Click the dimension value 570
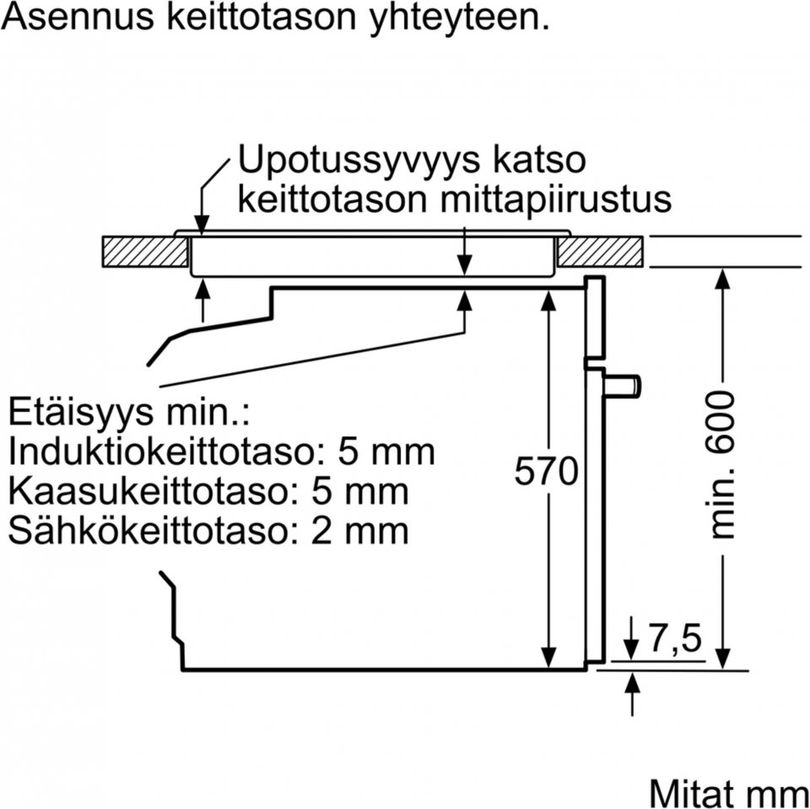click(x=546, y=470)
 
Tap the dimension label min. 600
click(x=723, y=465)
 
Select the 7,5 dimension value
click(x=676, y=638)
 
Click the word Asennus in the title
click(x=78, y=16)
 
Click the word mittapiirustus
click(x=556, y=199)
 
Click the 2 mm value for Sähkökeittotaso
click(x=360, y=530)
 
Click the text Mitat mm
click(x=728, y=792)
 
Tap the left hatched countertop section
click(x=145, y=252)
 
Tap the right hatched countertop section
click(x=600, y=252)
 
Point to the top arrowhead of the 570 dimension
click(x=548, y=301)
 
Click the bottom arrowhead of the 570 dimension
click(x=548, y=657)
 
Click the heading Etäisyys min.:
click(x=129, y=412)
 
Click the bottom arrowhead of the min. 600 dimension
click(x=723, y=658)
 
